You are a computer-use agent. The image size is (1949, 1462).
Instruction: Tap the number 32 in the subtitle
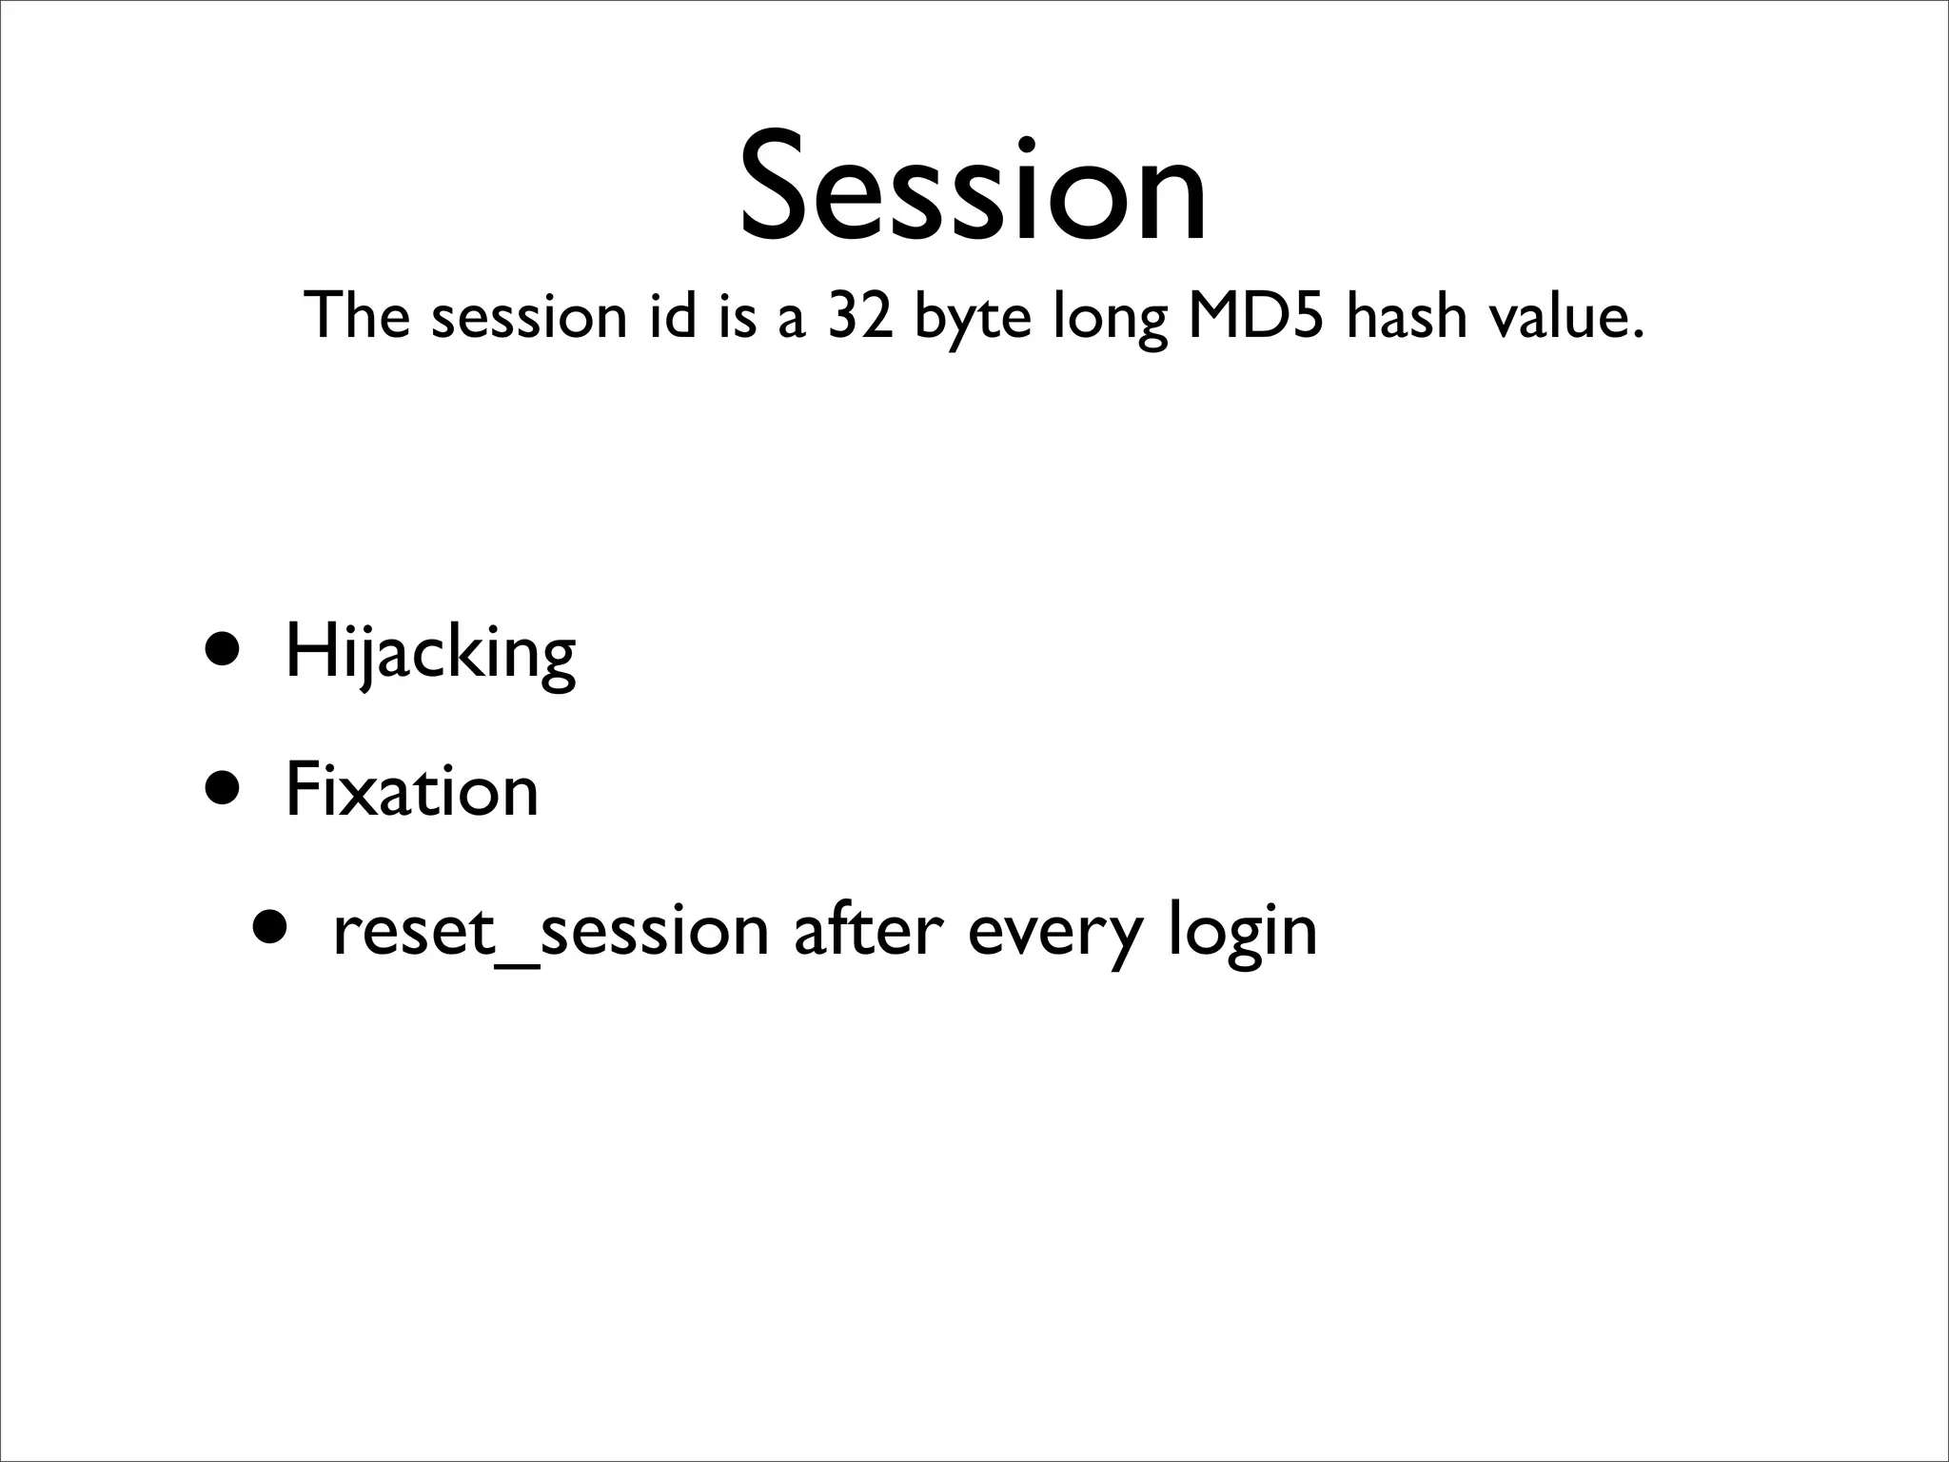tap(860, 316)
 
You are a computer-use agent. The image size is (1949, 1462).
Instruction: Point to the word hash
tap(1406, 316)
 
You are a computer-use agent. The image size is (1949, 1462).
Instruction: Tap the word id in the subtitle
tap(673, 316)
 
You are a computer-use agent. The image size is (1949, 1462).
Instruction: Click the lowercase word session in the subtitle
tap(528, 318)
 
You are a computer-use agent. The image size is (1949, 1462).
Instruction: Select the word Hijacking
tap(430, 655)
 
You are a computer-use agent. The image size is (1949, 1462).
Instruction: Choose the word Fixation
tap(411, 791)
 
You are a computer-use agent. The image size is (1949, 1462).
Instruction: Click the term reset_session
tap(550, 931)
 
